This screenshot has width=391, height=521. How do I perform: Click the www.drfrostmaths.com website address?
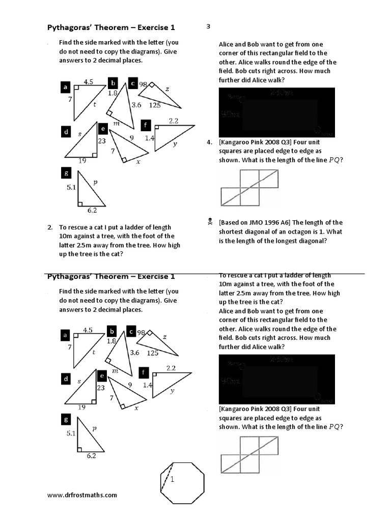click(82, 495)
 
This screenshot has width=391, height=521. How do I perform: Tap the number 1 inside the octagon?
click(173, 479)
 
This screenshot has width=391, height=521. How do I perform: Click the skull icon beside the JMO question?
click(210, 222)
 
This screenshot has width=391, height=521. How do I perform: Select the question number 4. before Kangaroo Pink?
click(209, 142)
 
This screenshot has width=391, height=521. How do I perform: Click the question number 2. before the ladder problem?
click(50, 227)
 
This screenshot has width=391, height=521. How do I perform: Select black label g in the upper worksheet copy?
click(65, 174)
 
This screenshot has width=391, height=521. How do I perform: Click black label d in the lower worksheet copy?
click(65, 379)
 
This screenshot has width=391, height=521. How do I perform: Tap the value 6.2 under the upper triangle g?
click(92, 210)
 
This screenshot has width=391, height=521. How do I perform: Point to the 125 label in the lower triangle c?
click(152, 352)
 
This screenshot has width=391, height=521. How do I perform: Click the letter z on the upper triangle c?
click(167, 89)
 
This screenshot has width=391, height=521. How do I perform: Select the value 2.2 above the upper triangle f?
click(174, 121)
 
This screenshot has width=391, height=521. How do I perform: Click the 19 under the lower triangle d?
click(81, 407)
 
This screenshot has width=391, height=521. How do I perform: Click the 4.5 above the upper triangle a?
click(88, 81)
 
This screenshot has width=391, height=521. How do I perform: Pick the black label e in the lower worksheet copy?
click(102, 376)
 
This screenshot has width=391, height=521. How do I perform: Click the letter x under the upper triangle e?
click(137, 162)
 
